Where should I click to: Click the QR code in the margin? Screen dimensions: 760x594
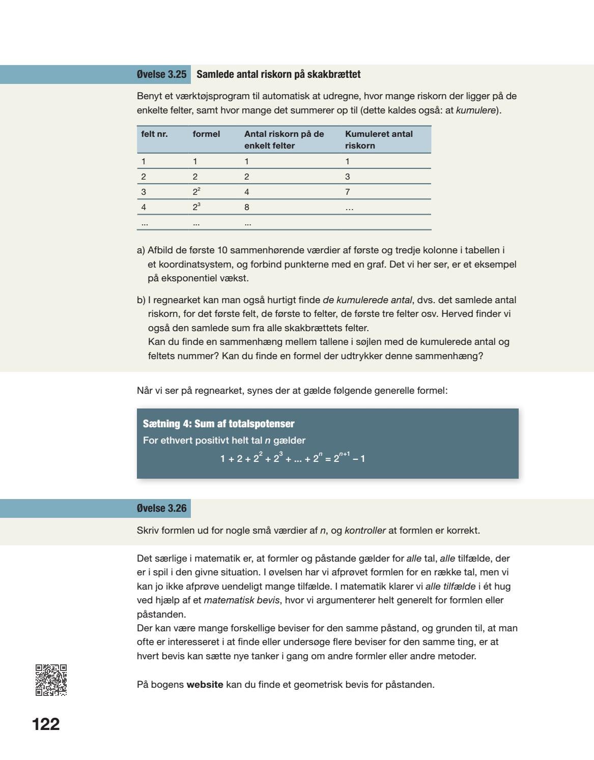51,680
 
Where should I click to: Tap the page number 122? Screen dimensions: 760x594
46,724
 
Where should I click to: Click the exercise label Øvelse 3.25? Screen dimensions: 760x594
161,74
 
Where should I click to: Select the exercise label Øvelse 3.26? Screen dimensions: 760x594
161,508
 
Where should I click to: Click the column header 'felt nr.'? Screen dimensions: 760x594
154,134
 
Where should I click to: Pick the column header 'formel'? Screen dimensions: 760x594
206,134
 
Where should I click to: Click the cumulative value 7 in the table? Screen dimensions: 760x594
347,192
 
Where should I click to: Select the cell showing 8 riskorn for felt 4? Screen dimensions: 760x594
246,207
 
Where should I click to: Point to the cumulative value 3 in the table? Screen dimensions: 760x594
347,177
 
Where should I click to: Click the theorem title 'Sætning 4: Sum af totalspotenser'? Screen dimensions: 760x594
218,424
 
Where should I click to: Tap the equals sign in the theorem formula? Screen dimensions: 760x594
328,459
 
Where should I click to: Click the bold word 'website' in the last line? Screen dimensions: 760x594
205,684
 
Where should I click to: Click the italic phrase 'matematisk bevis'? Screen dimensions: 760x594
241,600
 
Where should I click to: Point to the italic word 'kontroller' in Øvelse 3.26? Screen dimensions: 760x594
365,531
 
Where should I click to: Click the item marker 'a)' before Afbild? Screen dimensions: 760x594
141,250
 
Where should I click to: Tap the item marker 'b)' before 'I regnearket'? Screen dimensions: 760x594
141,300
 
